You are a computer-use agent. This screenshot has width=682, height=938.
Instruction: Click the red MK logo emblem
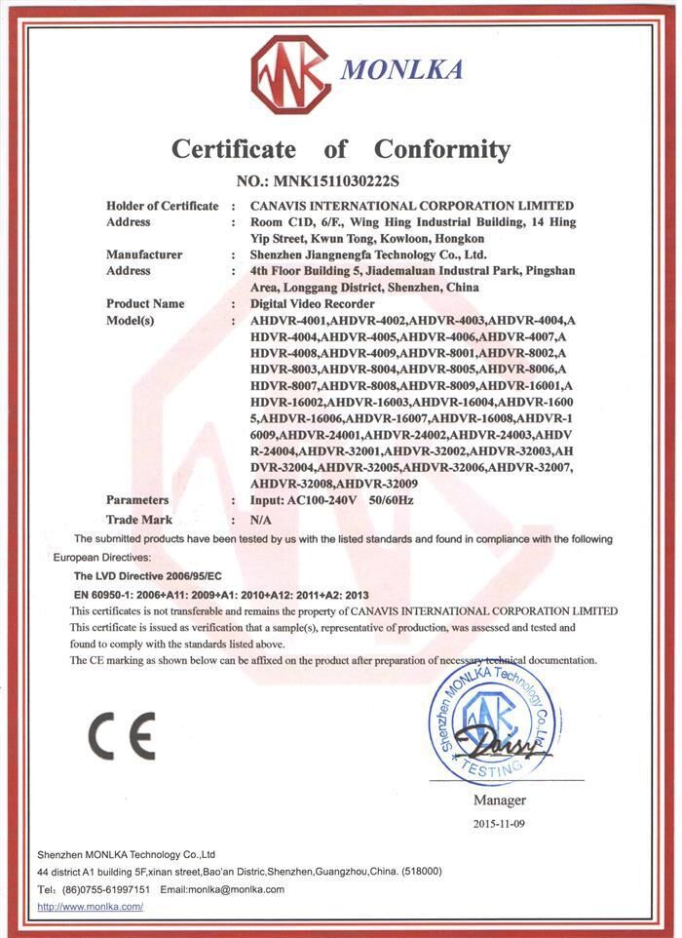[289, 74]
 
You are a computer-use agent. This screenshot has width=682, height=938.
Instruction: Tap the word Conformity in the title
[442, 149]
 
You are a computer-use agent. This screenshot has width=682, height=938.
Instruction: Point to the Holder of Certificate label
[163, 206]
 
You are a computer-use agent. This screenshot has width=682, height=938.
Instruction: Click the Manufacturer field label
[143, 254]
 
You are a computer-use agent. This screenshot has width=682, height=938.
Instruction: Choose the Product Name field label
[145, 303]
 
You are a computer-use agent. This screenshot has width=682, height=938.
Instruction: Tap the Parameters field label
[137, 499]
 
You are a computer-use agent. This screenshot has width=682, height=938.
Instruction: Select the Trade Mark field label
[139, 520]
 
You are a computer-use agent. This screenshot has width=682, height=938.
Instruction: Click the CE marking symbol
[121, 736]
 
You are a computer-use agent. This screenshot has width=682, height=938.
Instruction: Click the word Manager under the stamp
[499, 801]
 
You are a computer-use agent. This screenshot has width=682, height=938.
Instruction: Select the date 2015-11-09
[499, 824]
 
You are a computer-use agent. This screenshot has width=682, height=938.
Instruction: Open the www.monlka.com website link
[90, 906]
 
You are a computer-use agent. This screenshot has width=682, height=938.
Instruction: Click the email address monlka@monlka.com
[236, 888]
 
